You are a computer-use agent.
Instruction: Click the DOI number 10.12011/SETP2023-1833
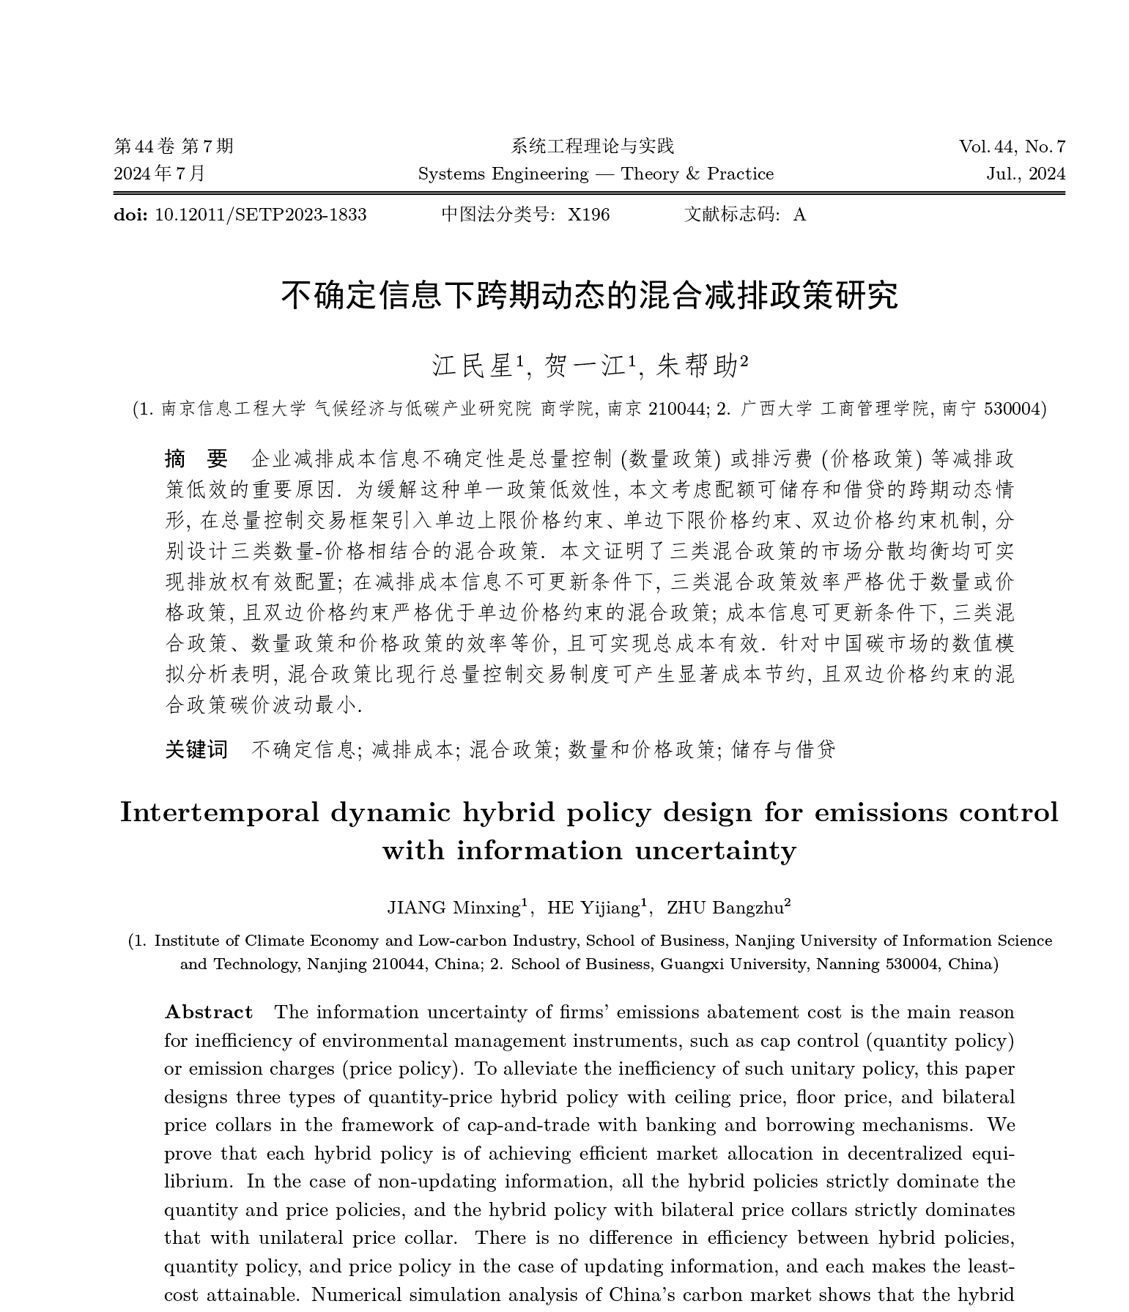point(261,215)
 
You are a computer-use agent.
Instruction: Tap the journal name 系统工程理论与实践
point(592,147)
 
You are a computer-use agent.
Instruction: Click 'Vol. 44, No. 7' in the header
point(1012,147)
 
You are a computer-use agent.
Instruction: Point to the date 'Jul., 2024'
point(1026,174)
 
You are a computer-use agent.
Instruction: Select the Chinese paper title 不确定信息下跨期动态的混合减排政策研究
point(590,295)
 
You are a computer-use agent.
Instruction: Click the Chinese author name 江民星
point(473,365)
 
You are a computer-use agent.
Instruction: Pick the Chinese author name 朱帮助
point(697,365)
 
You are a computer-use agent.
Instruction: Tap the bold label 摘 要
point(196,459)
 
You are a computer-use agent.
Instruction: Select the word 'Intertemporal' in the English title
point(219,813)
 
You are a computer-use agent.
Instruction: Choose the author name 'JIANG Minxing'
point(453,908)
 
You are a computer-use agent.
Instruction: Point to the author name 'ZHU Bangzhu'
point(725,908)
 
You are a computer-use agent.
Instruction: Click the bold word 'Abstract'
point(209,1012)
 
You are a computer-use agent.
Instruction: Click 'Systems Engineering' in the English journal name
point(503,174)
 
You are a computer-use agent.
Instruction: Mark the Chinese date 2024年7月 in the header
point(160,174)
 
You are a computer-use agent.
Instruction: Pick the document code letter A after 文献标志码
point(799,215)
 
